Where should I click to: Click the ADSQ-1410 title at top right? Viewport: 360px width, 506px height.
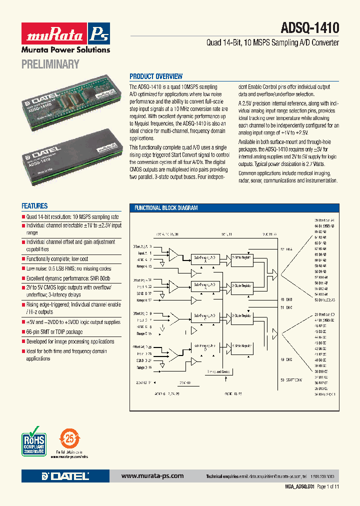click(x=310, y=28)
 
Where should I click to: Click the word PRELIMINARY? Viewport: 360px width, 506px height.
click(x=50, y=63)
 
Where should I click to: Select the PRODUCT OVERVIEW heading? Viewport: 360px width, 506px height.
click(x=156, y=76)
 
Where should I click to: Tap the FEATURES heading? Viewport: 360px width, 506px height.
click(x=34, y=206)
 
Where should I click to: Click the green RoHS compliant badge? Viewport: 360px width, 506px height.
click(x=34, y=439)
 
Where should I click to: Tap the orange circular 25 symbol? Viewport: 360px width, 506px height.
click(x=69, y=438)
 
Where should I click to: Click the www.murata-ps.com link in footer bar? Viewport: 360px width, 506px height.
click(x=152, y=476)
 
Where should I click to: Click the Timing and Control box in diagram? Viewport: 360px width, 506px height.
click(x=218, y=372)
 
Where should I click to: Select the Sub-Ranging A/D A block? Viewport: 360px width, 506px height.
click(x=206, y=258)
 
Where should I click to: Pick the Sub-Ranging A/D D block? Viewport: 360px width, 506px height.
click(x=206, y=348)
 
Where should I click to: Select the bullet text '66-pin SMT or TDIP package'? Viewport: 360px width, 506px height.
click(x=54, y=332)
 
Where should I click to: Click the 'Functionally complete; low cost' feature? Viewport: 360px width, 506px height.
click(x=57, y=259)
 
